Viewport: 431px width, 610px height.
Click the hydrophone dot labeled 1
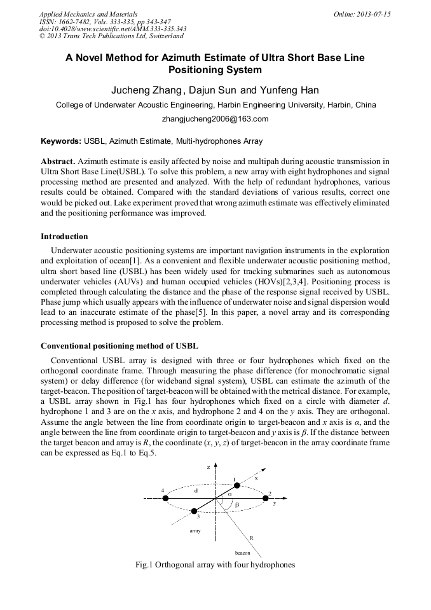pyautogui.click(x=236, y=485)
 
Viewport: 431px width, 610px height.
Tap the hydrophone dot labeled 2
pyautogui.click(x=266, y=498)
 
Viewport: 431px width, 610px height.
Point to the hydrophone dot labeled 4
pyautogui.click(x=166, y=498)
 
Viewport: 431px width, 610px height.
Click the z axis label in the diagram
pyautogui.click(x=208, y=467)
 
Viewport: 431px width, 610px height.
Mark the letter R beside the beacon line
pyautogui.click(x=251, y=538)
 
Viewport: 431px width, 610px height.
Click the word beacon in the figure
pyautogui.click(x=242, y=553)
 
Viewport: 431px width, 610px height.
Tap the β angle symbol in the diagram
pyautogui.click(x=236, y=504)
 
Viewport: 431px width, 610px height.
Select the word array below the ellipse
pyautogui.click(x=196, y=529)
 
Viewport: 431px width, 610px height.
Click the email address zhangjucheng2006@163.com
pyautogui.click(x=215, y=119)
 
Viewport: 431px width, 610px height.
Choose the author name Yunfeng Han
pyautogui.click(x=283, y=90)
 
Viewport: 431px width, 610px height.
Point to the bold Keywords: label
pyautogui.click(x=61, y=141)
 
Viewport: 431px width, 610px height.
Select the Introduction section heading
pyautogui.click(x=64, y=237)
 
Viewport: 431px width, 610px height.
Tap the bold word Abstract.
pyautogui.click(x=58, y=162)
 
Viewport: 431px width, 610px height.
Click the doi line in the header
pyautogui.click(x=113, y=29)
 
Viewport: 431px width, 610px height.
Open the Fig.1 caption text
pyautogui.click(x=215, y=565)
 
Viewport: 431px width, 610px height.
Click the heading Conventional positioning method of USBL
pyautogui.click(x=120, y=346)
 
